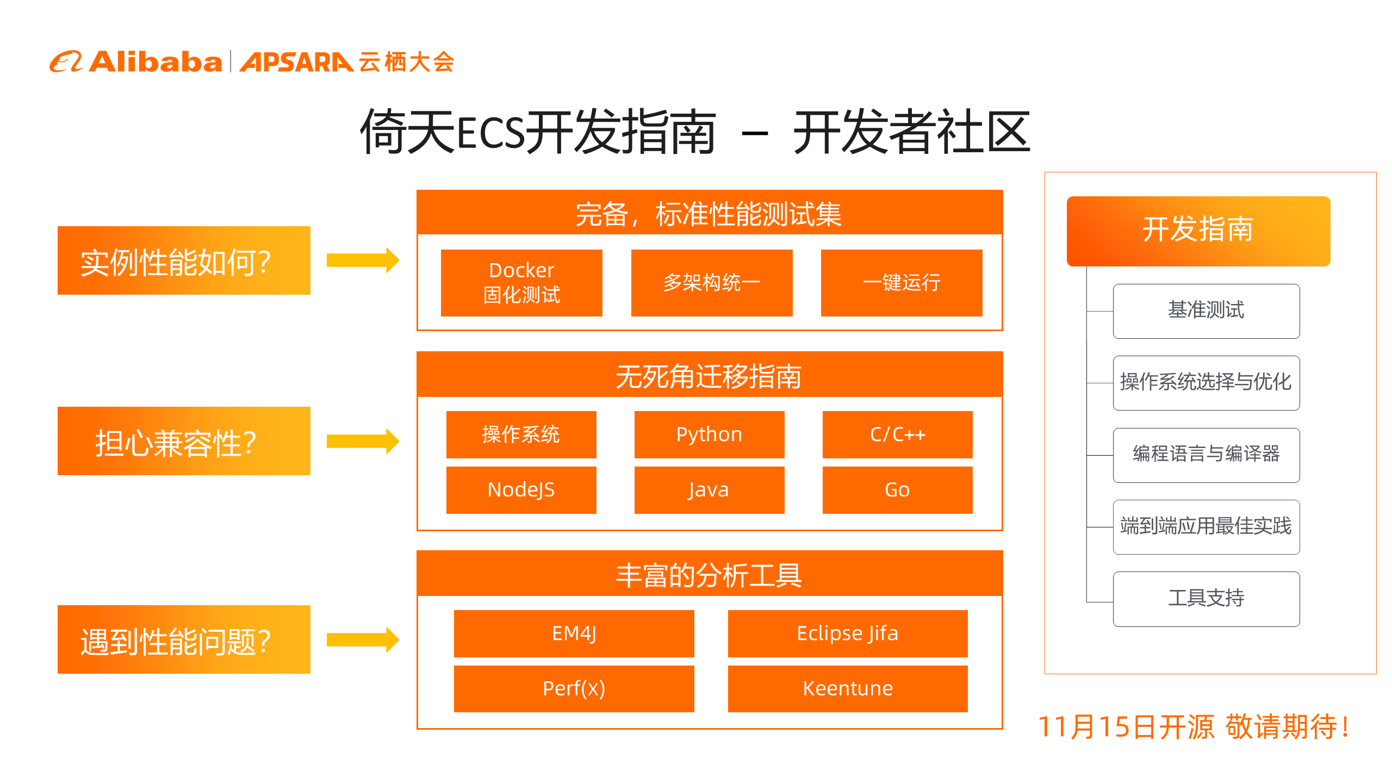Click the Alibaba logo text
[156, 61]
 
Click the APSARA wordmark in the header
[296, 62]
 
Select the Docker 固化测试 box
[521, 283]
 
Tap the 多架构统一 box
[712, 283]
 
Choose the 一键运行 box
[902, 283]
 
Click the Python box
[709, 434]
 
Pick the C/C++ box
[897, 434]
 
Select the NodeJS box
[521, 490]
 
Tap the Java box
[709, 490]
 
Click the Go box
[897, 490]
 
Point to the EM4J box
[574, 633]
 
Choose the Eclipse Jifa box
[848, 633]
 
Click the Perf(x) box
[574, 689]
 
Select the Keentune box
[848, 689]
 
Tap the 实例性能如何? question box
[184, 260]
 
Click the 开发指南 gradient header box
[1198, 231]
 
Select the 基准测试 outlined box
[1206, 311]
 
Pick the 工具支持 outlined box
[1206, 599]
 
